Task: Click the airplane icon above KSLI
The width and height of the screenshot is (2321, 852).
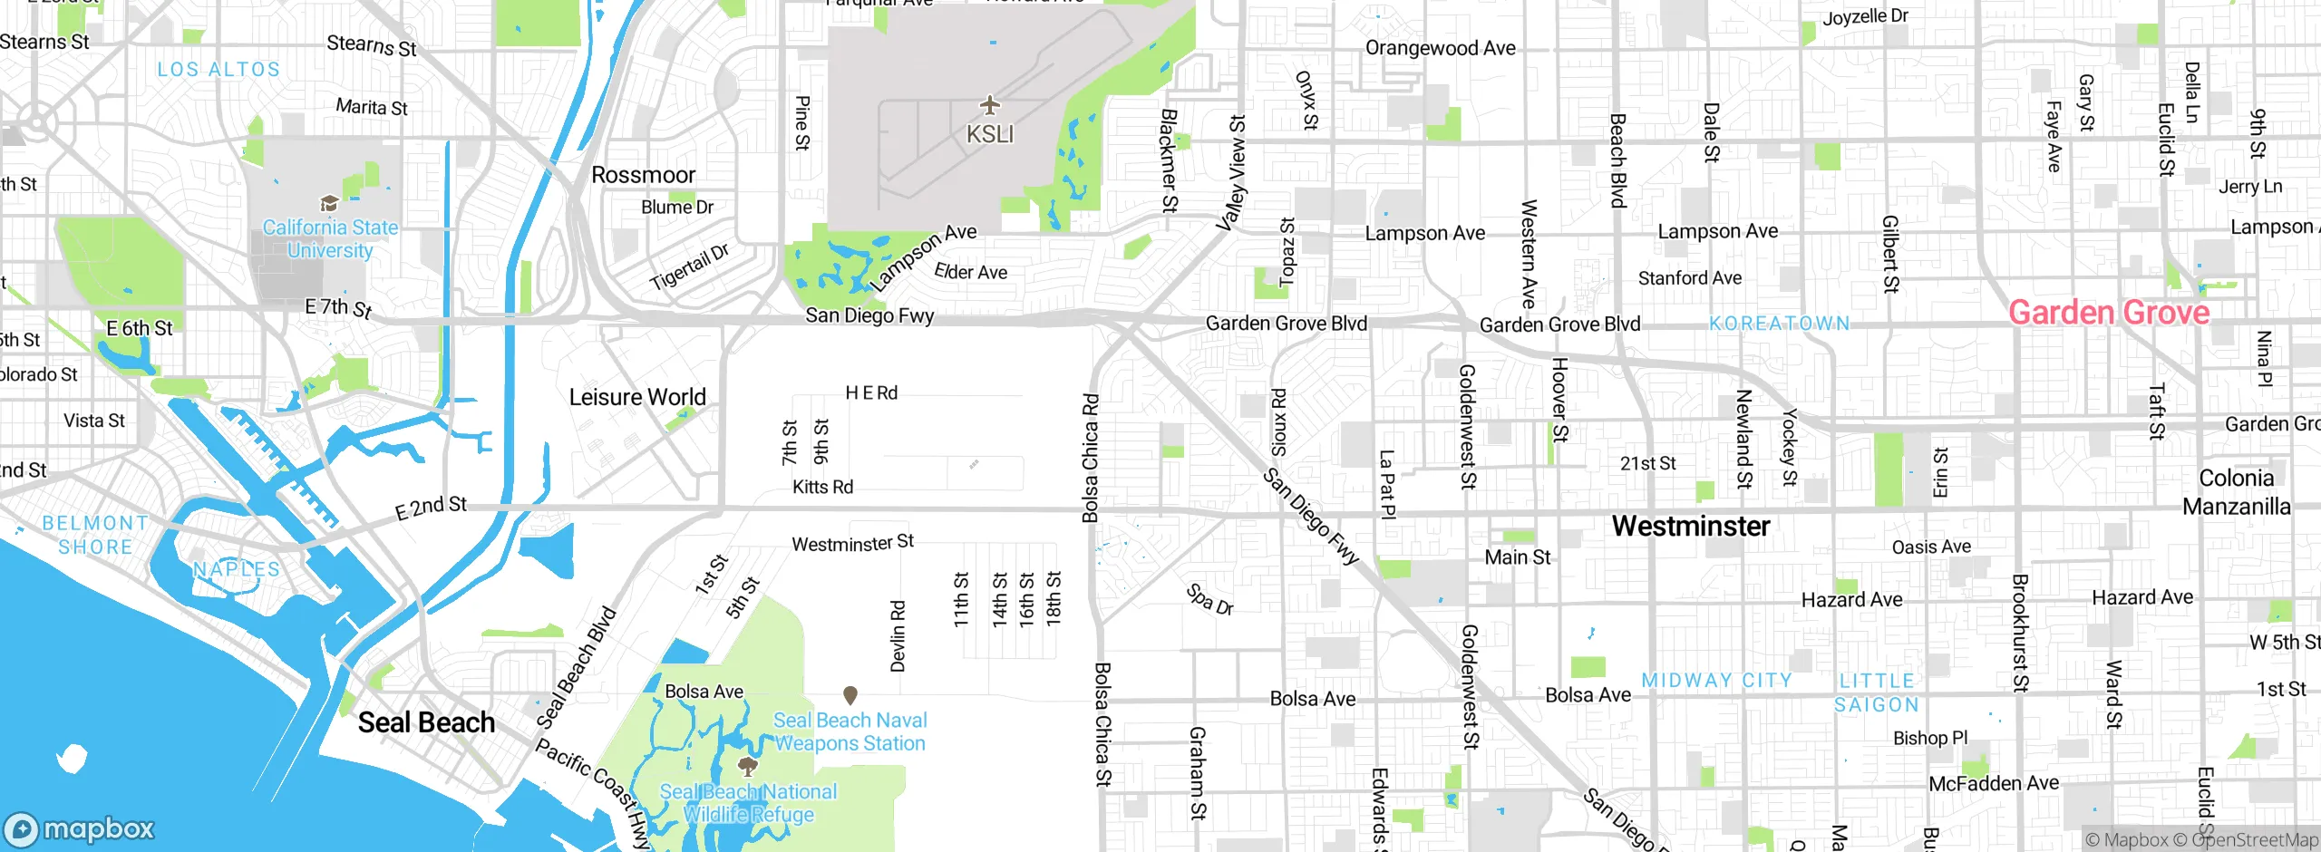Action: [x=989, y=105]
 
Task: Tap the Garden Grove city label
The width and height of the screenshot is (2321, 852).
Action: [x=2109, y=313]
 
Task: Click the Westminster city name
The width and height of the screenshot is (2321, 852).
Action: [x=1691, y=526]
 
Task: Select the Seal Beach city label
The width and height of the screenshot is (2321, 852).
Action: [x=426, y=722]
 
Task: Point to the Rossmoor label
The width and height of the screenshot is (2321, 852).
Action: [x=643, y=175]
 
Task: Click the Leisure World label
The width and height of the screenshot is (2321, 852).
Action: [x=637, y=397]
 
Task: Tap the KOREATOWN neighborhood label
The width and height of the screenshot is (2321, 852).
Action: [x=1779, y=324]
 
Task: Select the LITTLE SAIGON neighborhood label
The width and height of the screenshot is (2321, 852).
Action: [x=1877, y=692]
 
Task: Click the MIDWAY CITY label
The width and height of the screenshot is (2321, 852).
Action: [x=1717, y=680]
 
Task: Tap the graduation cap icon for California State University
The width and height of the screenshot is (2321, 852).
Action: [x=329, y=203]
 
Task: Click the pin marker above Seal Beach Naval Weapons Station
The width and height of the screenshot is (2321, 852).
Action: [x=850, y=695]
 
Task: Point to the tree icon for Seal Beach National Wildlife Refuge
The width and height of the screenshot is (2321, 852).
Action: [x=748, y=768]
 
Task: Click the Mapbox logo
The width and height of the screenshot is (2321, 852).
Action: [x=80, y=828]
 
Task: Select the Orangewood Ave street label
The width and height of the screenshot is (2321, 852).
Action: [x=1440, y=48]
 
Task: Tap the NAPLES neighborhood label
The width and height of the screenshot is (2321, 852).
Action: [x=237, y=569]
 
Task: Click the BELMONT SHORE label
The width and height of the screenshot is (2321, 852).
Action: [x=95, y=535]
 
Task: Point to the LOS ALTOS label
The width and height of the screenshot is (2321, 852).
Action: [x=219, y=70]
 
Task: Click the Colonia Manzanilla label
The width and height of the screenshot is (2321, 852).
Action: [x=2236, y=492]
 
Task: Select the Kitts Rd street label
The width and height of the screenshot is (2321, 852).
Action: [x=822, y=487]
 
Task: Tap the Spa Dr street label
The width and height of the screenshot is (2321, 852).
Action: [x=1209, y=600]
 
